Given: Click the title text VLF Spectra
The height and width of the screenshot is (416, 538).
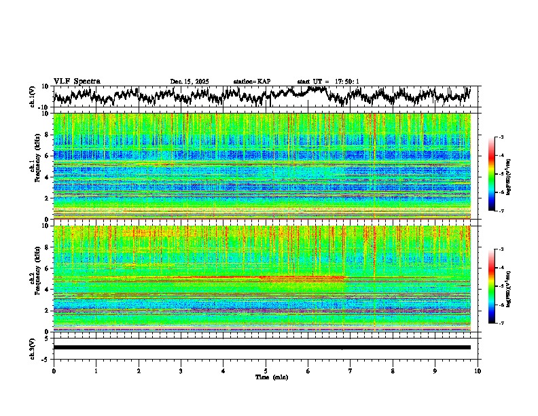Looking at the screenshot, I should point(77,81).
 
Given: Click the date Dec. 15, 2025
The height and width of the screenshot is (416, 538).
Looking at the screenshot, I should point(190,82).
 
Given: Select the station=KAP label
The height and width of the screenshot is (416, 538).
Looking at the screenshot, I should point(252,82).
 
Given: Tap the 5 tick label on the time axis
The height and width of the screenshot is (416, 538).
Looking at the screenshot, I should point(266,370).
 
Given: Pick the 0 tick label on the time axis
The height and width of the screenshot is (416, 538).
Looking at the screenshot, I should point(54,370).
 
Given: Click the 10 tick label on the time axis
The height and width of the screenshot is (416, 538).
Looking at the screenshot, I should point(478,370).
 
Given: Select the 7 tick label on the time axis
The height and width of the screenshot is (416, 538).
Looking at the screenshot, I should point(351,370).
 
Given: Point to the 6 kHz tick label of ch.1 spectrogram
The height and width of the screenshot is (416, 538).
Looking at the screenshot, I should point(47,156).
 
